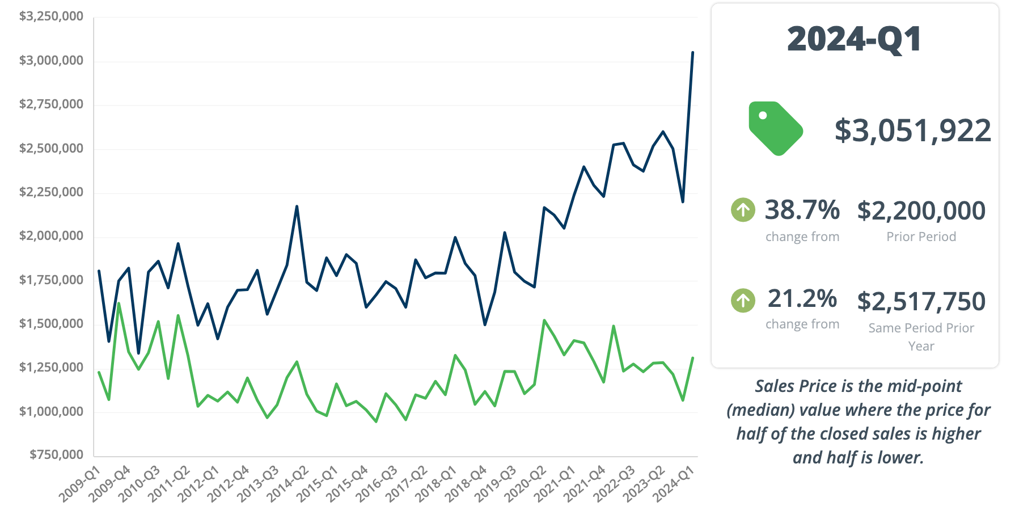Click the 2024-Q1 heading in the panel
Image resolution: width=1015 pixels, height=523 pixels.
(854, 40)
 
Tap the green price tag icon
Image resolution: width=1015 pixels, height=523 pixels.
(775, 128)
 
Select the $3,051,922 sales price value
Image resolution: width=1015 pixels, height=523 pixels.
(912, 130)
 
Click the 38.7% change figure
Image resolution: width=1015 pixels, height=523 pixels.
(802, 210)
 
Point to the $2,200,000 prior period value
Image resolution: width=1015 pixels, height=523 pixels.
(921, 210)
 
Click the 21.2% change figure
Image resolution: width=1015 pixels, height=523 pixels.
(802, 298)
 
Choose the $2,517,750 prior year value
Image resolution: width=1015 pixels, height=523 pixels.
(921, 301)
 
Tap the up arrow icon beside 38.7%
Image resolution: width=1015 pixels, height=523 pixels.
(743, 210)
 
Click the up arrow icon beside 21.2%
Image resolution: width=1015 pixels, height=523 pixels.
(743, 300)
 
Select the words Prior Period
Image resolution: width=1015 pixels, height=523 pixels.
(921, 237)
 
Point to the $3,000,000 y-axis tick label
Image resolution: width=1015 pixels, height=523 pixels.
(51, 61)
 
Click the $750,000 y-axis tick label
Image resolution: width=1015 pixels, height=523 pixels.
(56, 454)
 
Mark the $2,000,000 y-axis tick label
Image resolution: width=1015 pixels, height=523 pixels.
(51, 236)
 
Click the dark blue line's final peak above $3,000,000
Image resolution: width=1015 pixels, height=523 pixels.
(692, 53)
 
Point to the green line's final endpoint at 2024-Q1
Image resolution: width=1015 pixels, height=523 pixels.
(693, 358)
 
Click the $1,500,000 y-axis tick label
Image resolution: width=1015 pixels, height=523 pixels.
(51, 323)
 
